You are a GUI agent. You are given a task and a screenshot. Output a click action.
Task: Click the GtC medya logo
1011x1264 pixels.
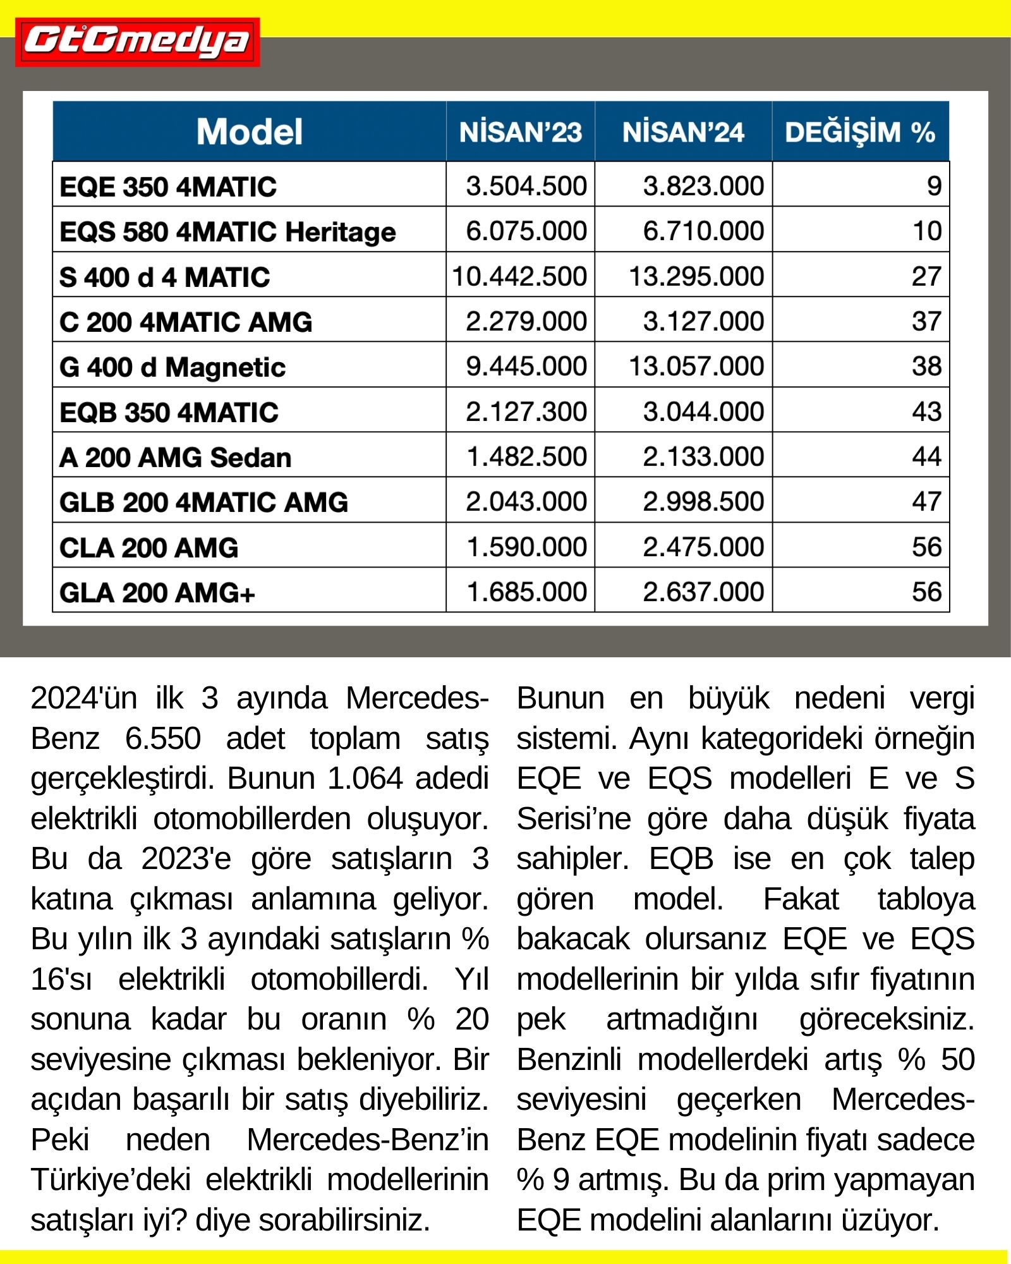(x=137, y=42)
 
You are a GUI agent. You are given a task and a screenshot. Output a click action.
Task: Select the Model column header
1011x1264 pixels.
(x=250, y=131)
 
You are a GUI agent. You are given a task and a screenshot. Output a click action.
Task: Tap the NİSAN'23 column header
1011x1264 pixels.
(x=520, y=132)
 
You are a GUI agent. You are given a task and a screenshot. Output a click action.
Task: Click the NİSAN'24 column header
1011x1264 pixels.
(x=683, y=132)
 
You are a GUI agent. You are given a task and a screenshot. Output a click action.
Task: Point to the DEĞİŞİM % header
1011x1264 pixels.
(x=860, y=132)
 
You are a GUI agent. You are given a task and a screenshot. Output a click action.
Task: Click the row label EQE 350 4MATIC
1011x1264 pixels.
(x=168, y=187)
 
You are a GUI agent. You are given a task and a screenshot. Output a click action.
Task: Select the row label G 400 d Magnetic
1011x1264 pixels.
(x=173, y=367)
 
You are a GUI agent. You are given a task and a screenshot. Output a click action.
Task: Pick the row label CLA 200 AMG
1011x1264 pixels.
(x=149, y=547)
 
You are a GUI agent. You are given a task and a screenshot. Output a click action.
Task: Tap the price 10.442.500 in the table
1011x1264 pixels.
(x=519, y=277)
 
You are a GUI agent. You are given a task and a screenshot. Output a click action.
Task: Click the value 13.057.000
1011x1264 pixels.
(x=696, y=367)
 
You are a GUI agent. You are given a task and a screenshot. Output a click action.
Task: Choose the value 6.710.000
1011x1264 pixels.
(x=703, y=231)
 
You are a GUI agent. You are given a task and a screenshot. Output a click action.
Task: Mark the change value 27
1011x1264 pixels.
(x=926, y=277)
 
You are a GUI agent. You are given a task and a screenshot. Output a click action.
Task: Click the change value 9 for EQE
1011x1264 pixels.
(x=934, y=186)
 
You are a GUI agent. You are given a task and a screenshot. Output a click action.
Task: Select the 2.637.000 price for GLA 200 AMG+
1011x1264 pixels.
(x=703, y=592)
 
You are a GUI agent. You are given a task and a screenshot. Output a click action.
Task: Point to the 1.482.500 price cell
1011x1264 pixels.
(x=526, y=457)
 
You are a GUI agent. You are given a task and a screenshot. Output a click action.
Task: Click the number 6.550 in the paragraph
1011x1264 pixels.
(x=162, y=738)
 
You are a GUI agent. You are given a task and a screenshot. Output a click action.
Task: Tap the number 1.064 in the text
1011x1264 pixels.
(x=365, y=779)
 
